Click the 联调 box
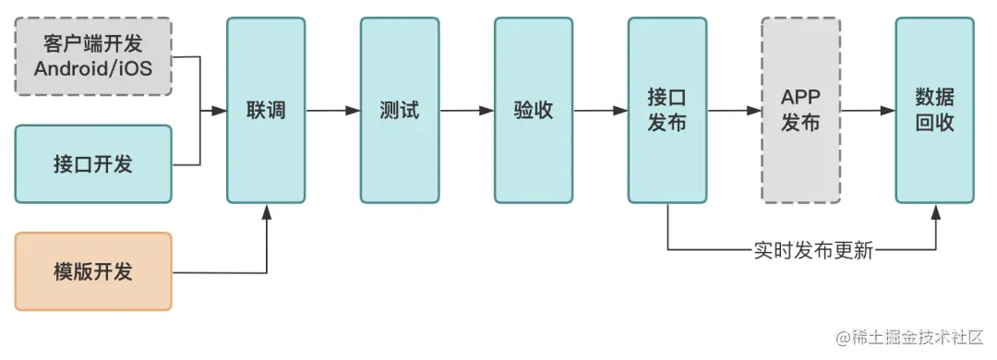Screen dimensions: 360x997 [x=266, y=111]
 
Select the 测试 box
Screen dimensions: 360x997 [x=399, y=111]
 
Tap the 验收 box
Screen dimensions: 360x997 [x=534, y=111]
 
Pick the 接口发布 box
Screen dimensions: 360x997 [x=667, y=111]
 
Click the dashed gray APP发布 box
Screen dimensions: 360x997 [x=800, y=111]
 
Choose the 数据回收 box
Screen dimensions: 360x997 [x=934, y=111]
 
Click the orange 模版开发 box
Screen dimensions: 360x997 [x=93, y=271]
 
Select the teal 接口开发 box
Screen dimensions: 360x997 [x=93, y=164]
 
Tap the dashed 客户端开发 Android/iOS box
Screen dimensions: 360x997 [x=93, y=55]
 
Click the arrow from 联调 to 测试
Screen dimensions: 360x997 [x=333, y=111]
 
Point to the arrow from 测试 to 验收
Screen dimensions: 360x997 [x=467, y=111]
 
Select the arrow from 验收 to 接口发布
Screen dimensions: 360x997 [x=601, y=111]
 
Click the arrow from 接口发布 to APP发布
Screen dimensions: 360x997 [x=735, y=111]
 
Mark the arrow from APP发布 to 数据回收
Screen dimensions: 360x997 [x=868, y=111]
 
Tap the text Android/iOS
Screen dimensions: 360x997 [x=93, y=68]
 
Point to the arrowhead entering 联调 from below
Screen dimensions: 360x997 [x=267, y=211]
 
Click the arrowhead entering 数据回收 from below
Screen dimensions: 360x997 [x=935, y=211]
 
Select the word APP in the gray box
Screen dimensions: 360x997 [x=800, y=98]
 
